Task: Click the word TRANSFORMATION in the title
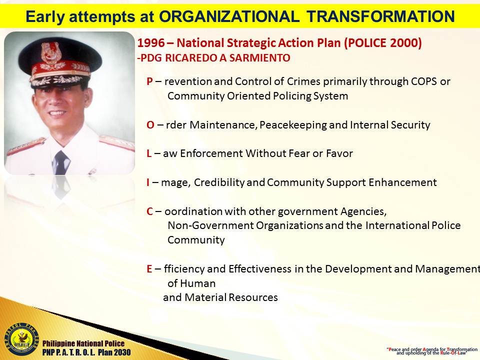coord(380,16)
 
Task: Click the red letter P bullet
coord(149,81)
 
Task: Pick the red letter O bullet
coord(150,125)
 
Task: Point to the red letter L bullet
coord(149,153)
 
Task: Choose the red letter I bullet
coord(148,182)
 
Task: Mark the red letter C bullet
coord(149,211)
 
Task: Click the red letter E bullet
coord(149,269)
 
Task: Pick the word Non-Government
coord(210,225)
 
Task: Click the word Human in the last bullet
coord(198,283)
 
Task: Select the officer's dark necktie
coord(61,163)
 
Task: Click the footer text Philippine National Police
coord(83,343)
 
